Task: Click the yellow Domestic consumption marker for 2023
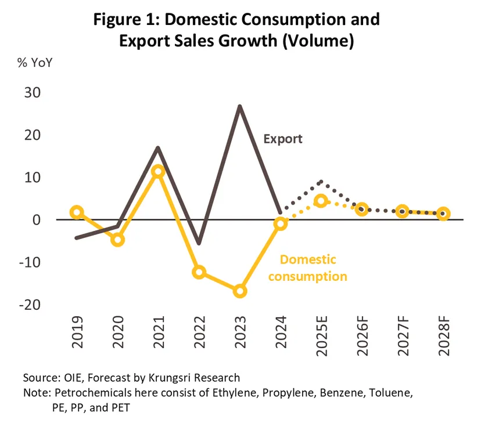tap(240, 291)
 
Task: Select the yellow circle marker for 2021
tap(158, 171)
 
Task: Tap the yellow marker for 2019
tap(77, 212)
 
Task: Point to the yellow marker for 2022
tap(199, 272)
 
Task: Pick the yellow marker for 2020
tap(118, 240)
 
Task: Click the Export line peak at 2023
tap(240, 106)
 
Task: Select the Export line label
tap(283, 139)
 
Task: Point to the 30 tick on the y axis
tap(37, 93)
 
